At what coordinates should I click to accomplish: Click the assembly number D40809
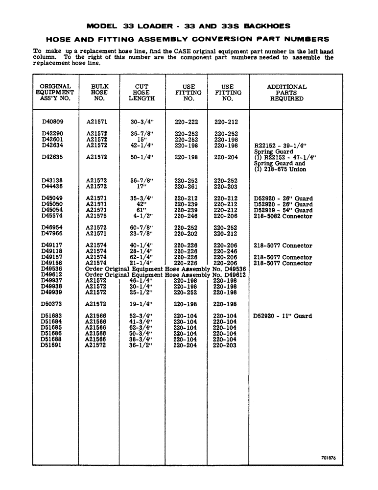point(52,122)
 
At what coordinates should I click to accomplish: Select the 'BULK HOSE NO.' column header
point(99,93)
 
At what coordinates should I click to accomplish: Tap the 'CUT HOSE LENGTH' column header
point(142,93)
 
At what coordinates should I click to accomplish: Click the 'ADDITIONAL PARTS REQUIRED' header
point(286,93)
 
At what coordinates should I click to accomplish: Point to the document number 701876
point(328,458)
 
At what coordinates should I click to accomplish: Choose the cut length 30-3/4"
point(142,122)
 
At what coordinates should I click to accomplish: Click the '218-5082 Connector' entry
point(283,216)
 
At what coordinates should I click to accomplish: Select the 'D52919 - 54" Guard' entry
point(283,210)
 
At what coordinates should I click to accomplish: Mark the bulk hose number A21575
point(96,216)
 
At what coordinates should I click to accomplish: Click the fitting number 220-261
point(186,187)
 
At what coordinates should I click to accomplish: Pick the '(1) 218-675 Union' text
point(280,169)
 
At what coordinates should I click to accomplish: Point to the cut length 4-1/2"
point(142,216)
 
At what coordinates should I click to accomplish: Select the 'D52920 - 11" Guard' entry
point(282,316)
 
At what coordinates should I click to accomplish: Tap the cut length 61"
point(142,210)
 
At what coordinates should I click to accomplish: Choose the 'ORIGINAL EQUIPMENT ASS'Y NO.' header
point(55,93)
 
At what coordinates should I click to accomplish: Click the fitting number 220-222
point(186,122)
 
